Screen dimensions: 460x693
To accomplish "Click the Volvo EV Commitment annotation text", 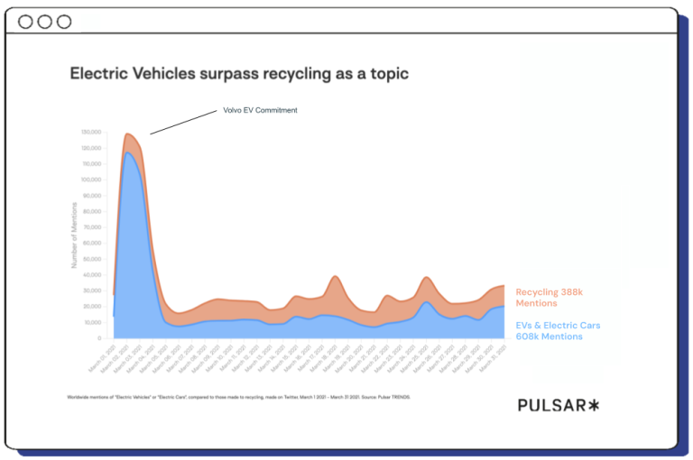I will pyautogui.click(x=260, y=111).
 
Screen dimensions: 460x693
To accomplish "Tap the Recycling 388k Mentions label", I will pyautogui.click(x=551, y=298).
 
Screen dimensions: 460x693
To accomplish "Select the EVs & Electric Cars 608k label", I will pyautogui.click(x=558, y=330).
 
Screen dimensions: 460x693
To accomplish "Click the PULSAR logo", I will pyautogui.click(x=558, y=405).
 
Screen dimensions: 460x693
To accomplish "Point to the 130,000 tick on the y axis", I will pyautogui.click(x=91, y=133).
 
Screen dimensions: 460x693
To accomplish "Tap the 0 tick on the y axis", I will pyautogui.click(x=99, y=338).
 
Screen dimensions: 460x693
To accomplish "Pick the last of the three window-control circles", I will pyautogui.click(x=63, y=22).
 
